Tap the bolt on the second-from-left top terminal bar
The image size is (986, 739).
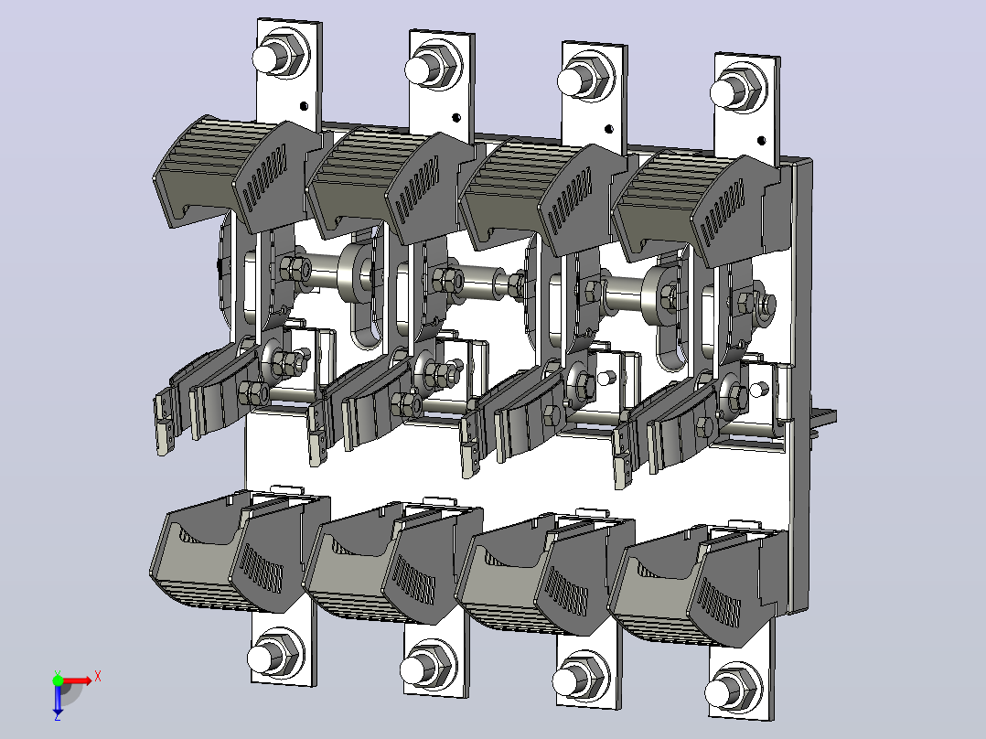click(432, 66)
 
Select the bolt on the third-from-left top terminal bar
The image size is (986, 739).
click(584, 78)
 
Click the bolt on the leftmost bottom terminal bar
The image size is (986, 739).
click(274, 654)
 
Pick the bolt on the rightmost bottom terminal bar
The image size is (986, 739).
click(733, 690)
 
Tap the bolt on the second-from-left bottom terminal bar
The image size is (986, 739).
click(428, 666)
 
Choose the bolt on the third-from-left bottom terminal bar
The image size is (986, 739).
click(581, 678)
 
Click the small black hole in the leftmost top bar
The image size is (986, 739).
click(305, 106)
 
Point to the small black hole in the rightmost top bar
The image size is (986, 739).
click(762, 141)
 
